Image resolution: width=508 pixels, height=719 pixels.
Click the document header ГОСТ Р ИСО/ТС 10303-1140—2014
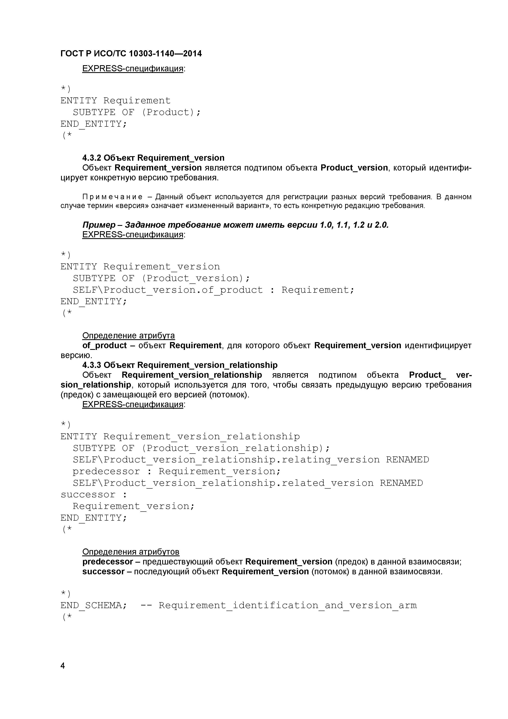coord(131,53)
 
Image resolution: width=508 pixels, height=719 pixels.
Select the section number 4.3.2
coord(92,158)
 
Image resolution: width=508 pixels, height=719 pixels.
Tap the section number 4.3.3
coord(92,365)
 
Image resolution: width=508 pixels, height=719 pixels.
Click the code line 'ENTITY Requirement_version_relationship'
coord(180,437)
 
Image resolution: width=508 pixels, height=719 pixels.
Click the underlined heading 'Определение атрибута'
coord(128,336)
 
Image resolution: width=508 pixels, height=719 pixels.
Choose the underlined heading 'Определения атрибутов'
coord(131,552)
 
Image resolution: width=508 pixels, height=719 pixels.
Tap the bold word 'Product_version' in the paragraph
coord(354,168)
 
